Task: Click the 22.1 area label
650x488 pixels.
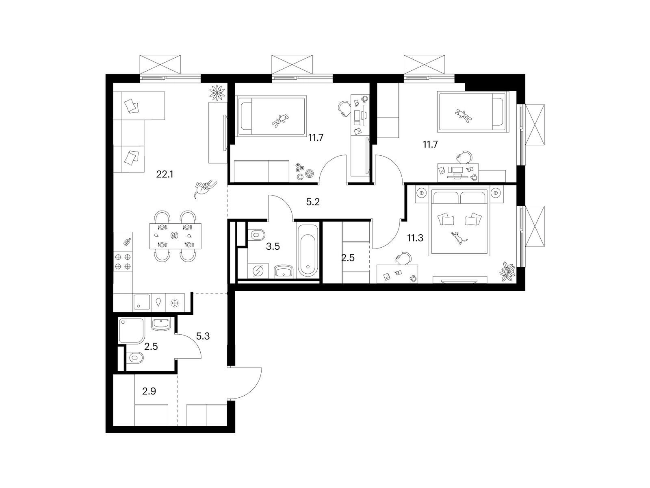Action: click(x=165, y=174)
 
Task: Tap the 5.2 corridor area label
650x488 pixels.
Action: click(x=313, y=202)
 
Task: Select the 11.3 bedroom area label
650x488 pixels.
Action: click(x=415, y=237)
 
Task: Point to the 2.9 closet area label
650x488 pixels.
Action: click(x=149, y=391)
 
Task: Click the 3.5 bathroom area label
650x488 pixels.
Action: click(x=273, y=246)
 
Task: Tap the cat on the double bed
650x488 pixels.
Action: click(x=459, y=237)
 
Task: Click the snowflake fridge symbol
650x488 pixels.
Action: click(x=175, y=303)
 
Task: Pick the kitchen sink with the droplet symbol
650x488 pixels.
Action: click(x=158, y=303)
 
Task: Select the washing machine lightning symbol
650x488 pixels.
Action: click(x=258, y=270)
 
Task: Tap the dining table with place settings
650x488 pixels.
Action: click(x=175, y=236)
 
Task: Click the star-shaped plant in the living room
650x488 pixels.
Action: click(x=218, y=92)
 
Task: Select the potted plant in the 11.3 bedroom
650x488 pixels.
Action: click(x=507, y=271)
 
